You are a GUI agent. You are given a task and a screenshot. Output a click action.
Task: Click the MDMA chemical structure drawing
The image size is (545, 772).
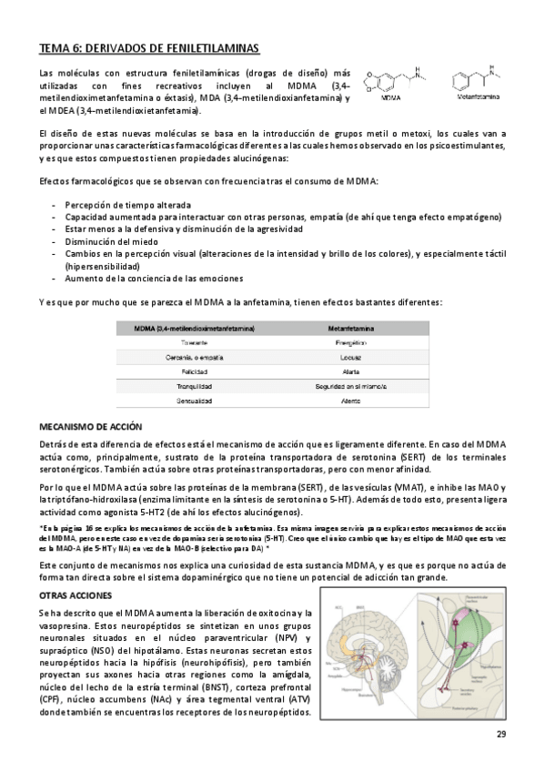391,81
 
